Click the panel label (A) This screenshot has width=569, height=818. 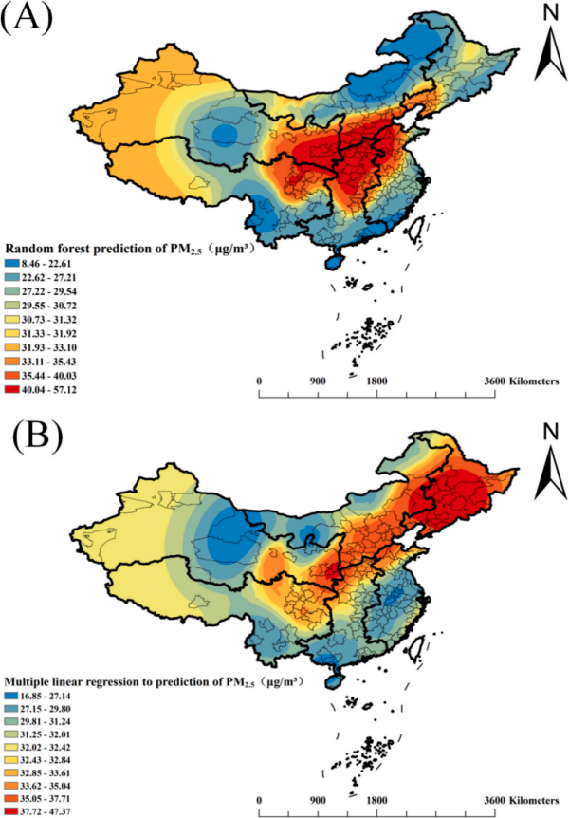tap(28, 18)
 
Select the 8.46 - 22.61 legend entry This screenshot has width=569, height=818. tap(42, 263)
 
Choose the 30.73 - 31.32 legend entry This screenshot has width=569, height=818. tap(42, 318)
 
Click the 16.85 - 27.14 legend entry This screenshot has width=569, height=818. tap(42, 696)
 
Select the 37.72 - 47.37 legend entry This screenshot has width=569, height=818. tap(42, 811)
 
